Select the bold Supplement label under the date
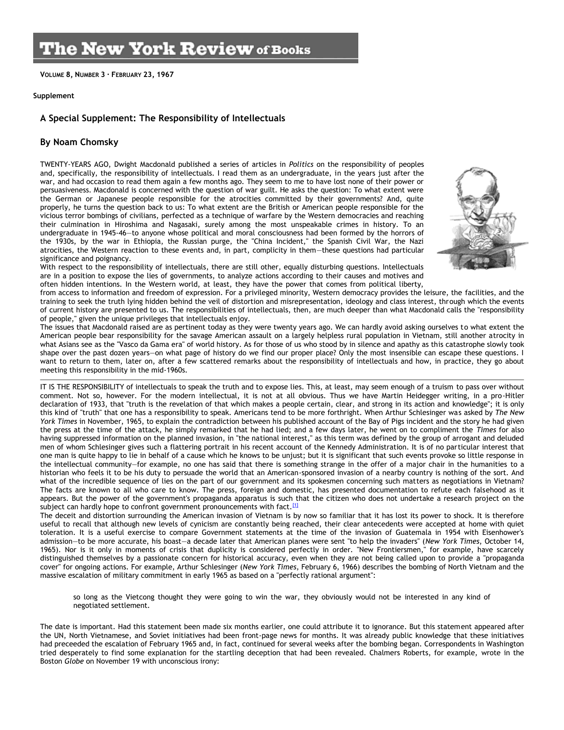[54, 96]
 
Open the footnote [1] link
[295, 506]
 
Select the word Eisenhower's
[504, 533]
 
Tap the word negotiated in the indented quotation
[90, 606]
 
